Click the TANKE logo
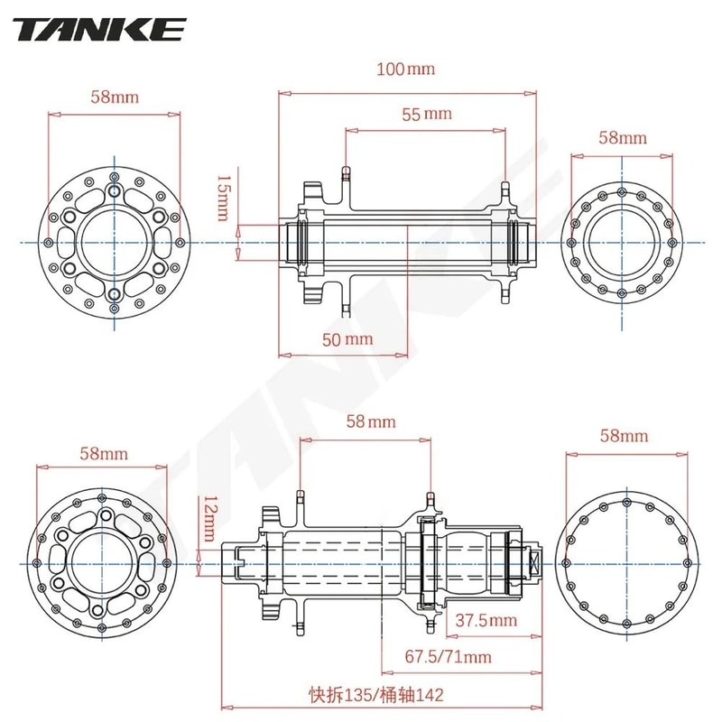tap(99, 29)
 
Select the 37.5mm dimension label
tap(485, 620)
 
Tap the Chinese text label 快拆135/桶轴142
tap(376, 695)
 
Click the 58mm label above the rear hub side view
tap(371, 421)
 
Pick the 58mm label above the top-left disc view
tap(114, 96)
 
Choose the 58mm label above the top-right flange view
tap(623, 137)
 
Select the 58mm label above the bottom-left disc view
tap(102, 452)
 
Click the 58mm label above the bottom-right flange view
tap(624, 436)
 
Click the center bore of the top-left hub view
tap(114, 242)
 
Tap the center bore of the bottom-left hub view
tap(101, 561)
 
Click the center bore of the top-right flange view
tap(622, 242)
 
